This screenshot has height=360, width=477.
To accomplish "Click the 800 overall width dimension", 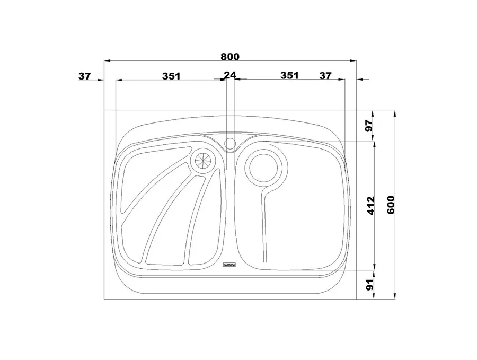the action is point(230,57).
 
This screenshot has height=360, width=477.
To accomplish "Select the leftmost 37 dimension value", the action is point(85,76).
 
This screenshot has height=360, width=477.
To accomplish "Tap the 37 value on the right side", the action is point(325,75).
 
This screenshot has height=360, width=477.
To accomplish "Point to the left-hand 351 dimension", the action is point(171,76).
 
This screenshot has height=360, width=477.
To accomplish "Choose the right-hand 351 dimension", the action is point(289,75).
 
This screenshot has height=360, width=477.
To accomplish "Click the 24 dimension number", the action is point(230,75).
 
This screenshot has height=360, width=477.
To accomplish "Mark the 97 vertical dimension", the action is point(369,125).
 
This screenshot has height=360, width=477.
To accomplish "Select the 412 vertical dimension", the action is point(371,206).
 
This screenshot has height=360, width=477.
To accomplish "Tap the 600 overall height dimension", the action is point(391,205).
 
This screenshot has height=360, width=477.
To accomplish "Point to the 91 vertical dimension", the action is point(369,285).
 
